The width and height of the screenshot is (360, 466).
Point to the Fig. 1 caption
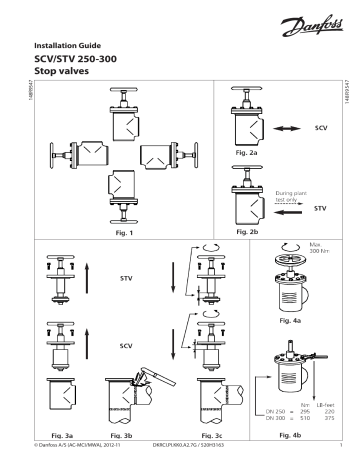(x=129, y=232)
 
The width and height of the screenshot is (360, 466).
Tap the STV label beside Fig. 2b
(x=321, y=209)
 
